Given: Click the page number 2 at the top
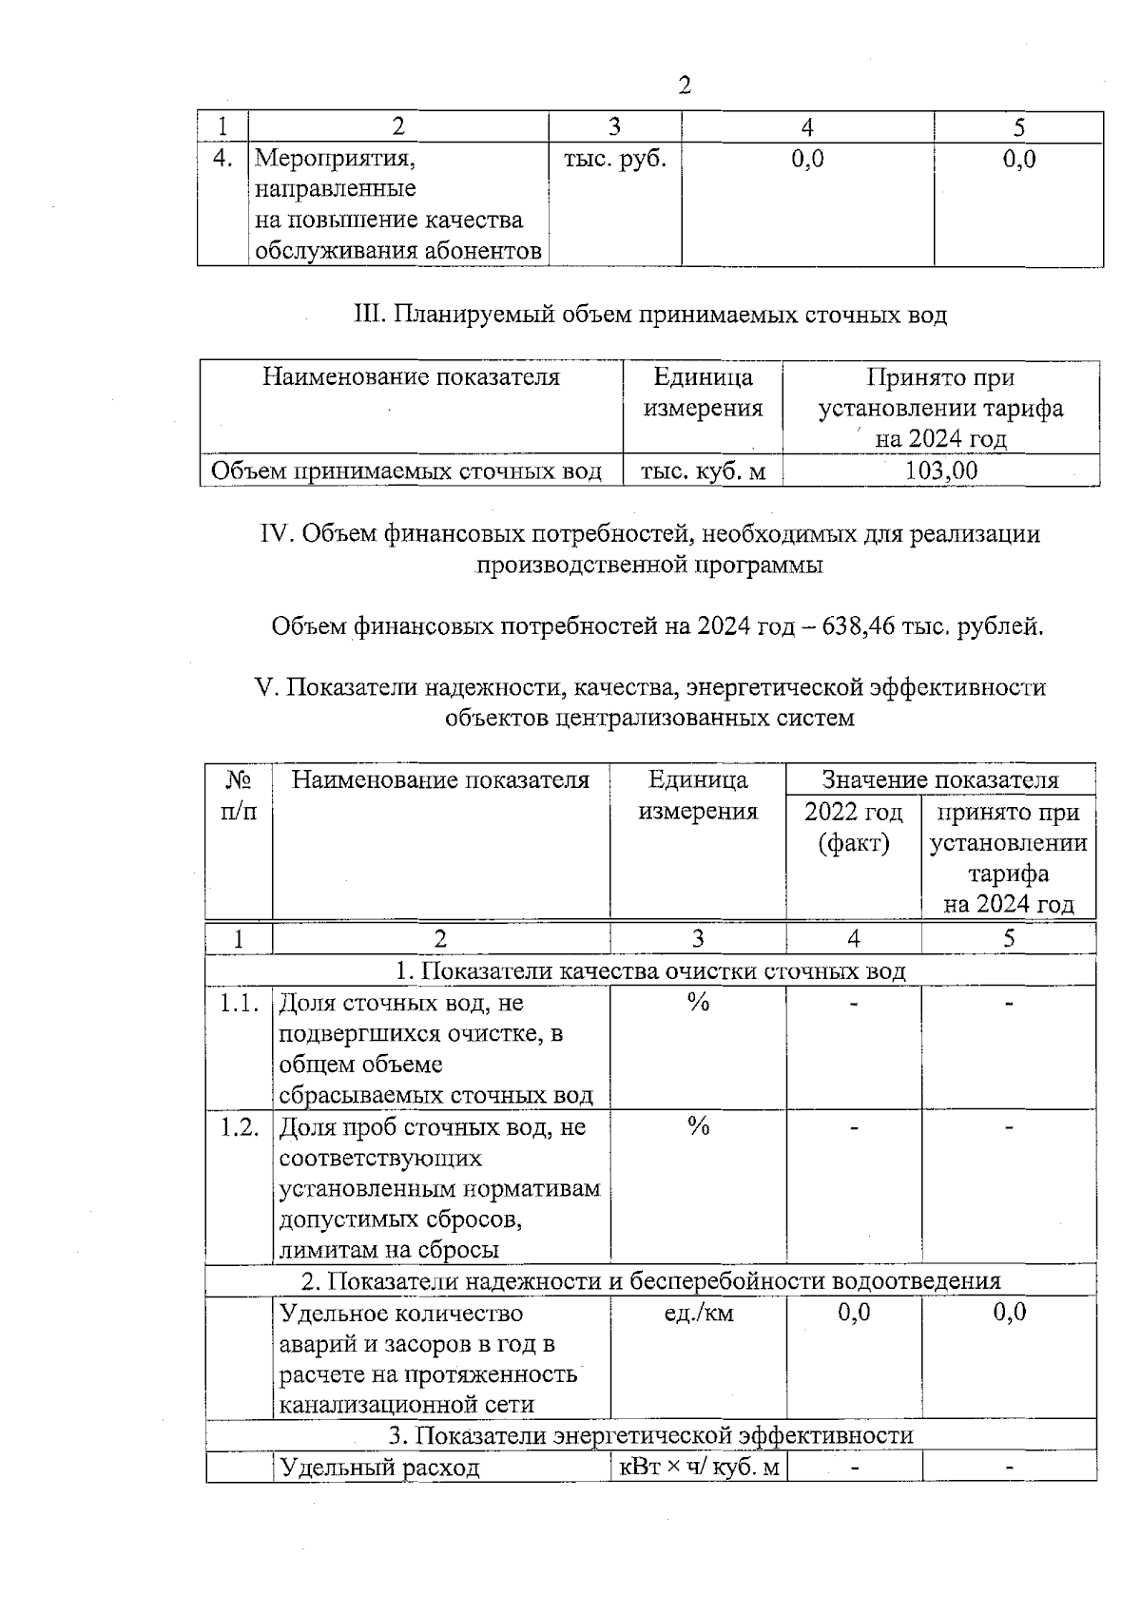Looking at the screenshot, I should [685, 86].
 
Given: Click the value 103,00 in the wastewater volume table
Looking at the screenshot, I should [941, 470].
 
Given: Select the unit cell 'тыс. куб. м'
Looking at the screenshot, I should [703, 471].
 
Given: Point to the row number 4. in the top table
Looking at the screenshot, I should [222, 159].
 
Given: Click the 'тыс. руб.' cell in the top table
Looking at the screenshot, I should [614, 159].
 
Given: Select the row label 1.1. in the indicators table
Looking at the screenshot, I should [240, 1004].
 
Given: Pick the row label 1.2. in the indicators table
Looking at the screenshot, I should [240, 1127].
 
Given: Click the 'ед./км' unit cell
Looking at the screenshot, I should [699, 1314].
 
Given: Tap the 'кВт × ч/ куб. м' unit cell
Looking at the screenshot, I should [699, 1468].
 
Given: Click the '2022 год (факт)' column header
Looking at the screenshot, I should [853, 827].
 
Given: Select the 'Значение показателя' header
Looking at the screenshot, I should [940, 780].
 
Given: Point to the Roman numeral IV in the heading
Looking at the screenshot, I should [277, 534].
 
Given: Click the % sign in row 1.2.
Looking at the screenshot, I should [699, 1127].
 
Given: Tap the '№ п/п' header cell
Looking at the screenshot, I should [240, 796].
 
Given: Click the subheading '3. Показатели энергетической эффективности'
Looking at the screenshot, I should [650, 1435].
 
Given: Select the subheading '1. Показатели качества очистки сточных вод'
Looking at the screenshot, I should [650, 971].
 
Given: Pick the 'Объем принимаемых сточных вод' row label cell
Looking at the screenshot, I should [406, 471].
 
